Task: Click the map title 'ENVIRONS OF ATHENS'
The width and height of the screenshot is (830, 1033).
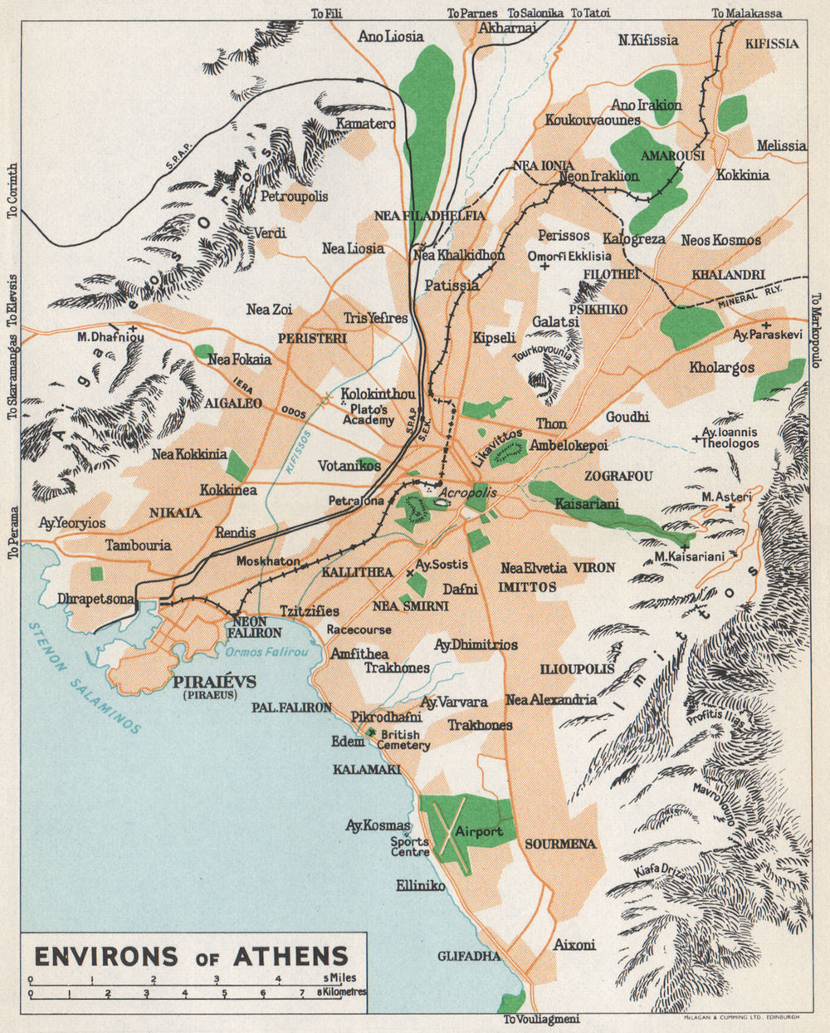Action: pyautogui.click(x=190, y=955)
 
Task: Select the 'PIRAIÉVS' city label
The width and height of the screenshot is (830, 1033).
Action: pyautogui.click(x=215, y=682)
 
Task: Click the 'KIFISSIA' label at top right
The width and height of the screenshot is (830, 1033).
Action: pyautogui.click(x=771, y=43)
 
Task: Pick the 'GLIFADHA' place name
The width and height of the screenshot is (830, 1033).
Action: pyautogui.click(x=469, y=956)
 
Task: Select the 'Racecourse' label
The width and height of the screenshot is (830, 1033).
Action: pyautogui.click(x=359, y=629)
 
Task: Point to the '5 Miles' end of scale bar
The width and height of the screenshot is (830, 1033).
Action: pyautogui.click(x=340, y=978)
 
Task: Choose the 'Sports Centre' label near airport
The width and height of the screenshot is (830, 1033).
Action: pyautogui.click(x=410, y=846)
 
